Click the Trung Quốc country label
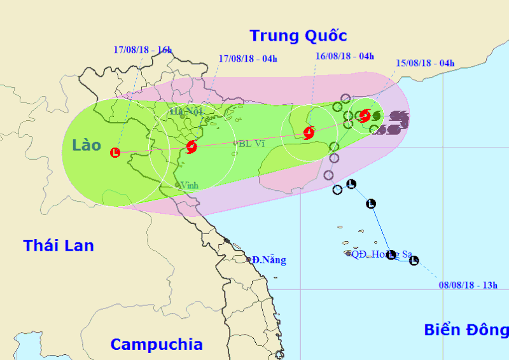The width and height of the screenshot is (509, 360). pyautogui.click(x=298, y=35)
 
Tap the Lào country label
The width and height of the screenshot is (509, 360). pyautogui.click(x=87, y=145)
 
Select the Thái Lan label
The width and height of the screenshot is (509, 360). pyautogui.click(x=59, y=246)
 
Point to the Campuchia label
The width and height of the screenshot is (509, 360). pyautogui.click(x=157, y=345)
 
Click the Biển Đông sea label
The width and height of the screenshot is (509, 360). pyautogui.click(x=466, y=330)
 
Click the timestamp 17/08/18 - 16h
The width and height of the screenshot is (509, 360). pyautogui.click(x=143, y=49)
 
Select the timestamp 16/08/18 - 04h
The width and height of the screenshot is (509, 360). pyautogui.click(x=344, y=56)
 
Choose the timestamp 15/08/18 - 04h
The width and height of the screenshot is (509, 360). pyautogui.click(x=425, y=63)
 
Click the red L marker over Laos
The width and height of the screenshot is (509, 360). pyautogui.click(x=115, y=153)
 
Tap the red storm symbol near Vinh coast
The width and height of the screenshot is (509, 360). pyautogui.click(x=192, y=147)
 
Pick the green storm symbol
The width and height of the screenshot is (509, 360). pyautogui.click(x=376, y=116)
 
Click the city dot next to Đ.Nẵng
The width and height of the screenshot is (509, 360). pyautogui.click(x=249, y=260)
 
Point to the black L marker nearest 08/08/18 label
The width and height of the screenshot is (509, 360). pyautogui.click(x=414, y=260)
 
